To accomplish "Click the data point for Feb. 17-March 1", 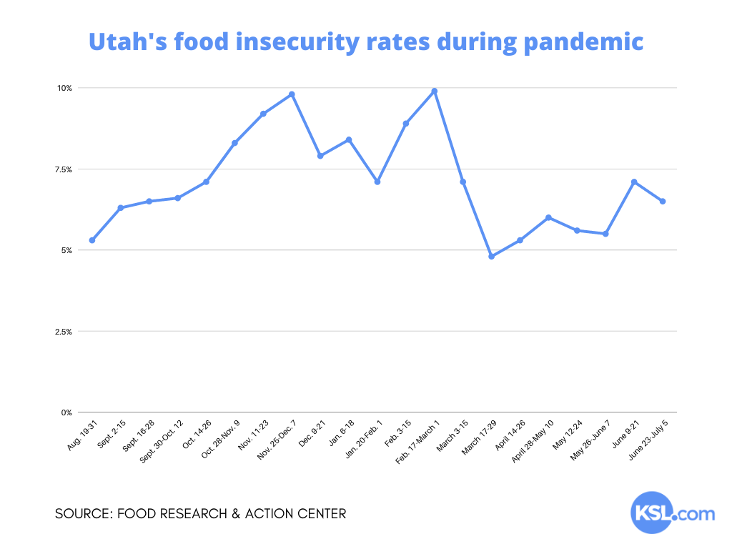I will pos(435,91).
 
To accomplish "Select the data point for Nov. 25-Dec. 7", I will pos(292,94).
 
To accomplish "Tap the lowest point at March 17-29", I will pos(491,256).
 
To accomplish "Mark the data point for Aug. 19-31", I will pos(92,240).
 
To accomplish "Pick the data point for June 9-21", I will pos(634,182).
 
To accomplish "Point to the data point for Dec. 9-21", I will pos(320,156).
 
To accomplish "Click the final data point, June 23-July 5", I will pos(663,202).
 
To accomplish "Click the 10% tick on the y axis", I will pos(65,88).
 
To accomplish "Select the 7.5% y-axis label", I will pos(64,169).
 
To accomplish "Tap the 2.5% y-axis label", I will pos(64,332).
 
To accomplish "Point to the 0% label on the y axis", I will pos(66,413).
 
